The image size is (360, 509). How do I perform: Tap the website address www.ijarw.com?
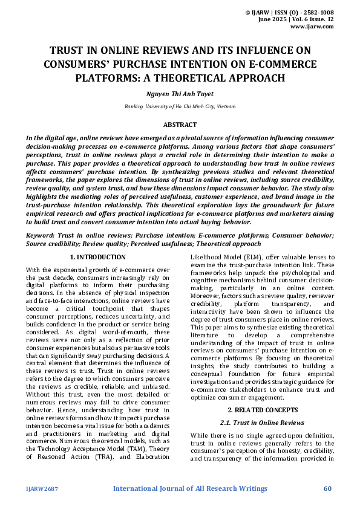(x=312, y=27)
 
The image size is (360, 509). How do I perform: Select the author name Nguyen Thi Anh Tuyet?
(x=180, y=94)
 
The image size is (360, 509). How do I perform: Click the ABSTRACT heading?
(x=180, y=125)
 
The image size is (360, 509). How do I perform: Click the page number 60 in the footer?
(x=328, y=488)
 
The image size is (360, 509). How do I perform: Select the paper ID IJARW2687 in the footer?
(x=41, y=489)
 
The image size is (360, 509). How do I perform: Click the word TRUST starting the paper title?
(x=66, y=51)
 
